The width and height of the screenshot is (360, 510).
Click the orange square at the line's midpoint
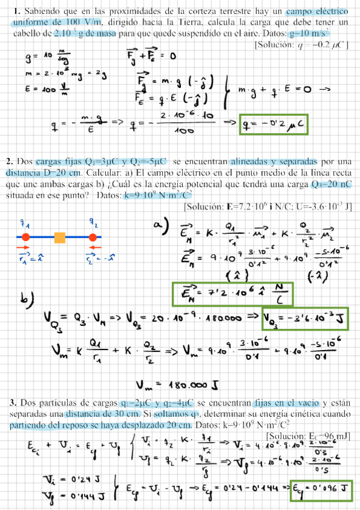point(60,236)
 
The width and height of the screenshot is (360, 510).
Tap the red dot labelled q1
point(25,236)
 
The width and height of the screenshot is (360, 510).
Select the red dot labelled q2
point(93,236)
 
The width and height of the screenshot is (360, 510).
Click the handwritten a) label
point(158,227)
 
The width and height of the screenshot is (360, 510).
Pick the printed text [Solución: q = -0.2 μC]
point(301,45)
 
